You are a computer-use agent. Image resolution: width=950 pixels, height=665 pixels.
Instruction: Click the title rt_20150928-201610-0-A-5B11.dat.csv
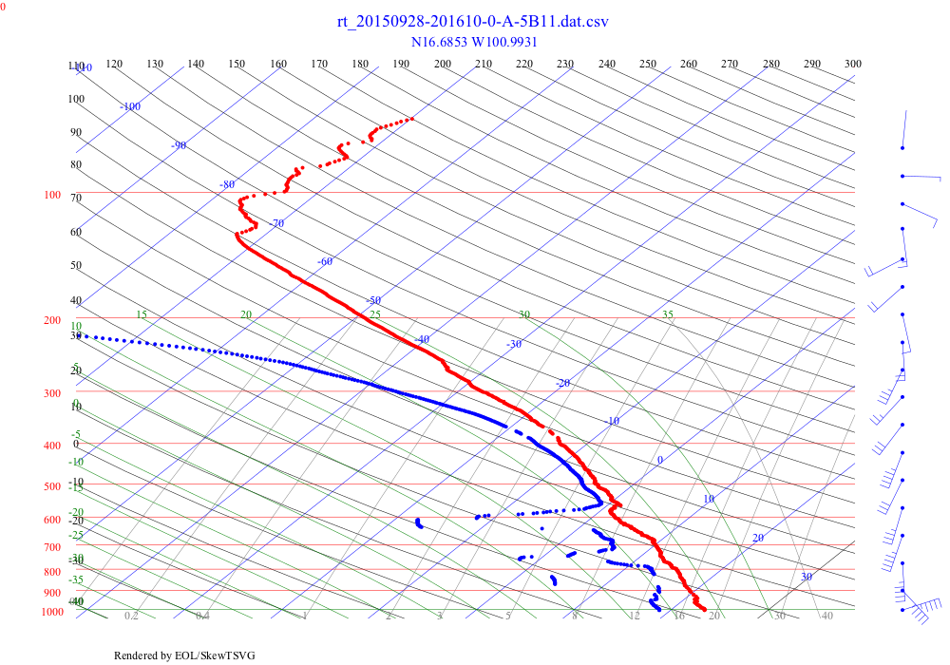point(473,22)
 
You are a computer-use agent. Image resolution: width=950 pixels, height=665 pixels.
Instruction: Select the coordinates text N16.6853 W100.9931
point(474,42)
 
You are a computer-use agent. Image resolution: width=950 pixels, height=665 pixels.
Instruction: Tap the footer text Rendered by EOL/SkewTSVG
point(184,655)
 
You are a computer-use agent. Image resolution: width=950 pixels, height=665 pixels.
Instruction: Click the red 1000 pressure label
point(51,612)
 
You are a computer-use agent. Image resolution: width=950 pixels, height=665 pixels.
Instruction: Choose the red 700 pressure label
point(51,548)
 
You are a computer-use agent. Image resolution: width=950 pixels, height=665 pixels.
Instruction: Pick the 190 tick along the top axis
point(402,64)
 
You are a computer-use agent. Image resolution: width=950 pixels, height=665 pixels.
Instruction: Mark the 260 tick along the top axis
point(689,64)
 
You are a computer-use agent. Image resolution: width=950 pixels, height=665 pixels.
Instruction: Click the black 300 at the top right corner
point(853,64)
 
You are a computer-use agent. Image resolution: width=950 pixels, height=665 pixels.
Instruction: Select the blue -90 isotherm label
point(179,145)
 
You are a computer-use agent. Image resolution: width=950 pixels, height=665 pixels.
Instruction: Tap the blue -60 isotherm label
point(326,261)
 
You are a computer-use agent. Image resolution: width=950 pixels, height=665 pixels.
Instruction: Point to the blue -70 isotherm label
point(276,223)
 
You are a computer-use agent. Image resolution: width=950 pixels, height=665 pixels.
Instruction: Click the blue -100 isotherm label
point(130,106)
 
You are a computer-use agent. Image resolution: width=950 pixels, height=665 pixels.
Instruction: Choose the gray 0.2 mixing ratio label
point(131,617)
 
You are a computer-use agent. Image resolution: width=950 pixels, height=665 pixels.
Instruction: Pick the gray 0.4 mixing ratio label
point(202,617)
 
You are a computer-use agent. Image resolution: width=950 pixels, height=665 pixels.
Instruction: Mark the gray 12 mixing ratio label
point(634,617)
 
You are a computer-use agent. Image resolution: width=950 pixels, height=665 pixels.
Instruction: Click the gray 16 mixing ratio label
point(679,617)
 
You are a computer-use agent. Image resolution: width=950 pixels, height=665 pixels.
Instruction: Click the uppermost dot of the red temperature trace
point(411,119)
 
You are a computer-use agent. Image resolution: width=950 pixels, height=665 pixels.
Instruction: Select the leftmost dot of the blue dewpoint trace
point(80,334)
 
